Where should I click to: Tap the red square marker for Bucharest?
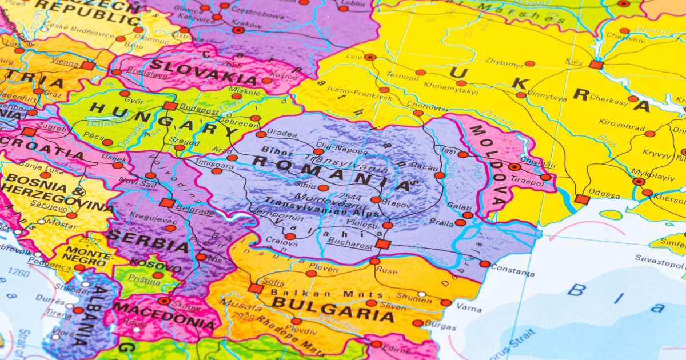pyautogui.click(x=382, y=244)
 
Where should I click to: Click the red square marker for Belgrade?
pyautogui.click(x=167, y=203)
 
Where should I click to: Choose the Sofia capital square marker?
pyautogui.click(x=255, y=288)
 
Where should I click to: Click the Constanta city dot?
pyautogui.click(x=485, y=264)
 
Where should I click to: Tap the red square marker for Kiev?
pyautogui.click(x=596, y=65)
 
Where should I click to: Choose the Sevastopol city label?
pyautogui.click(x=660, y=258)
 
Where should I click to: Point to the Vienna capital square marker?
pyautogui.click(x=87, y=66)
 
